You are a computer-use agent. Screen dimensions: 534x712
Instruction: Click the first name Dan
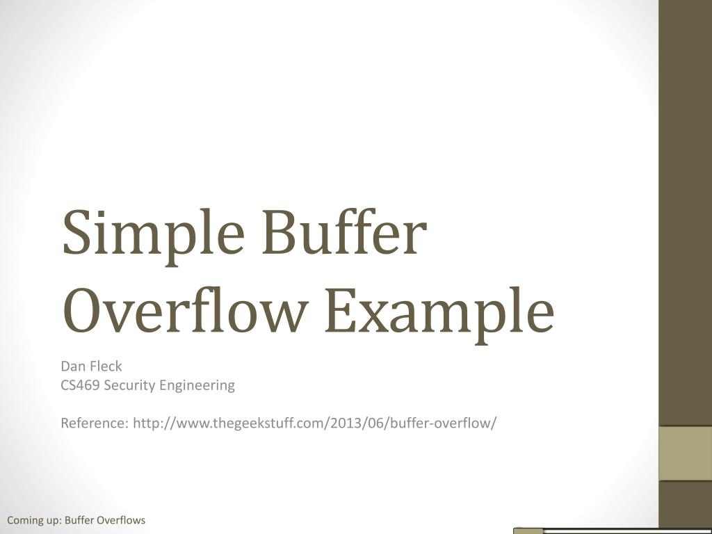(x=71, y=366)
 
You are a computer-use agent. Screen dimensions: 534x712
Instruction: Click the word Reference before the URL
(x=92, y=423)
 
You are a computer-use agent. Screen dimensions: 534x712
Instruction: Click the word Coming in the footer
(x=25, y=520)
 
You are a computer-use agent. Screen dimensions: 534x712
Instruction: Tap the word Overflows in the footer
(x=121, y=520)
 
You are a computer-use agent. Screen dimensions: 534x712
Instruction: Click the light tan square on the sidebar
(x=685, y=453)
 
